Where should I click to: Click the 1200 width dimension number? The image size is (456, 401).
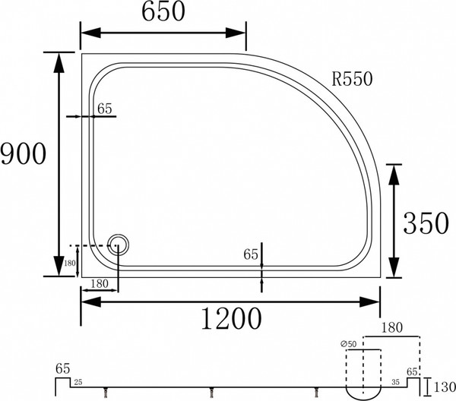click(227, 319)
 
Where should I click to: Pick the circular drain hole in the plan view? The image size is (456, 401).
click(119, 245)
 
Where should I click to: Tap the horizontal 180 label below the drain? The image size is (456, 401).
click(103, 284)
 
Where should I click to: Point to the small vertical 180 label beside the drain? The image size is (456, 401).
click(70, 264)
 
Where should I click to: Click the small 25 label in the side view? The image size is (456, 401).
click(79, 381)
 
